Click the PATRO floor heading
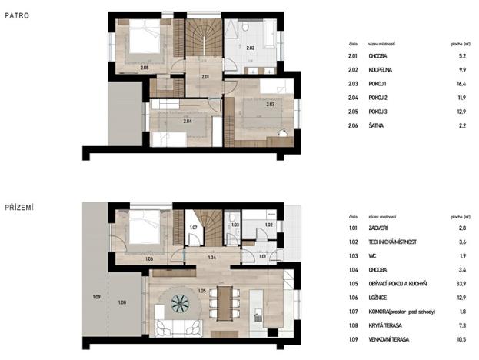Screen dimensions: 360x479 (x=16, y=15)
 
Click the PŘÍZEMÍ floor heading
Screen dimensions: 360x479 (x=19, y=207)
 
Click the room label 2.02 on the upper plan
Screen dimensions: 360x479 (x=249, y=48)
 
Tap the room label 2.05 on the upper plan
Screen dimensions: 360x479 (x=145, y=68)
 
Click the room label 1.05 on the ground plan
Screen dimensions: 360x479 (x=201, y=291)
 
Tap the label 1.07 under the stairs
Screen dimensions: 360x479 (x=194, y=228)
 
